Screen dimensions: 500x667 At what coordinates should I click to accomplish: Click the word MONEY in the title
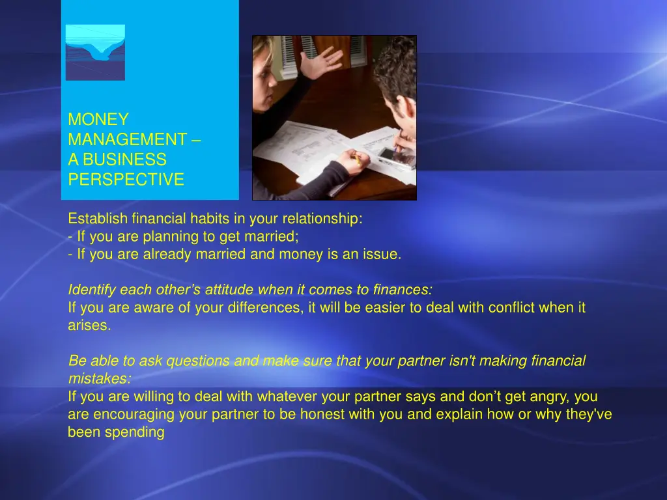tap(98, 120)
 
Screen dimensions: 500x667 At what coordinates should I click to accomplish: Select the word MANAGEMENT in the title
tap(128, 140)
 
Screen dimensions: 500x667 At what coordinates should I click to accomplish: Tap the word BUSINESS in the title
tap(124, 160)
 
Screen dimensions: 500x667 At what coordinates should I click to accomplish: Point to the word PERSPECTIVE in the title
tap(126, 180)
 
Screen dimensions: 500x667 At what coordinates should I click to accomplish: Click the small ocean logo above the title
tap(95, 52)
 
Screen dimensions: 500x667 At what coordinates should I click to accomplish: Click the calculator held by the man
tap(397, 157)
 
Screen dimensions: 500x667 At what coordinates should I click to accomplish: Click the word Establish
tap(98, 219)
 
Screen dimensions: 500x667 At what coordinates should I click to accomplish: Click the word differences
tap(264, 308)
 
